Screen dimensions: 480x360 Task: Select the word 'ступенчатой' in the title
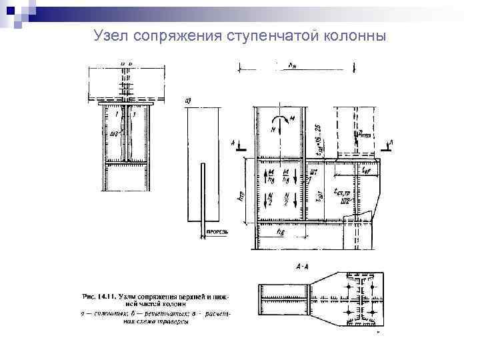[265, 34]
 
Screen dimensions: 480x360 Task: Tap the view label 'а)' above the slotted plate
[188, 101]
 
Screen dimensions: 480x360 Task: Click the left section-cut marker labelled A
[237, 145]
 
